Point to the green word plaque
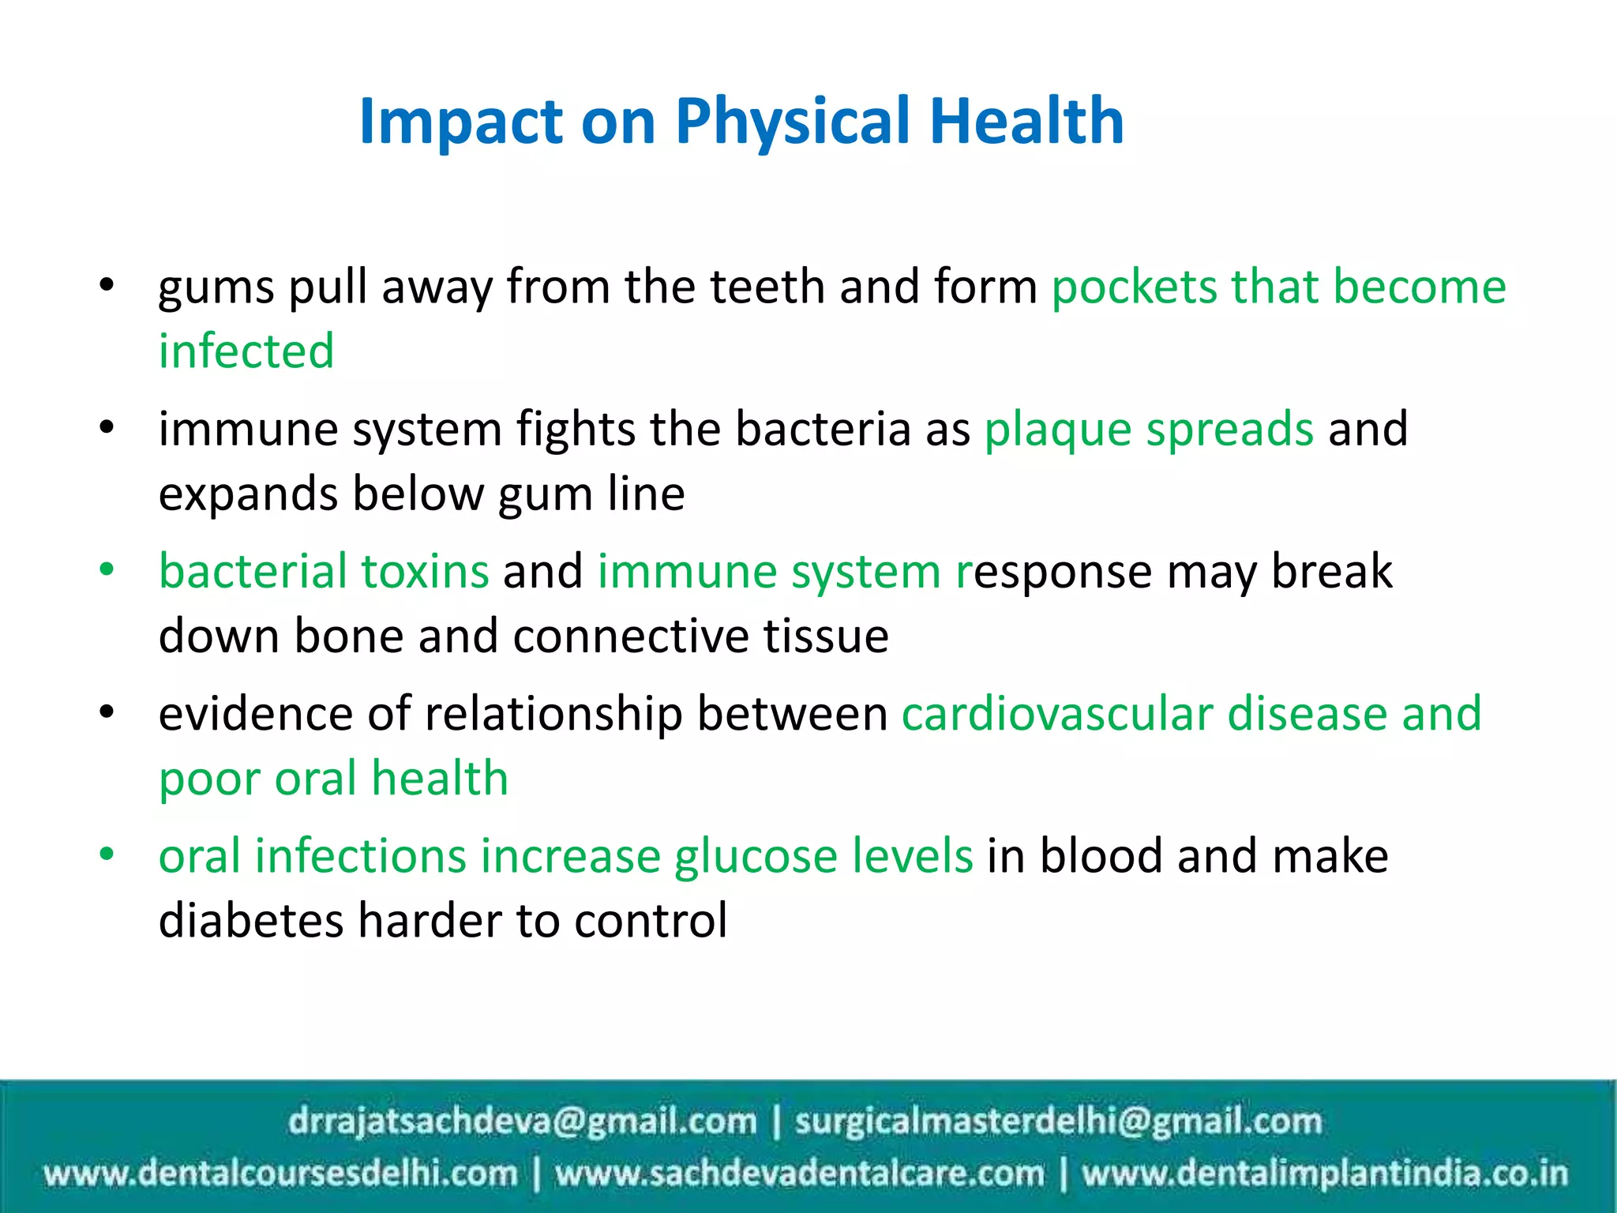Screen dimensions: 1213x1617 point(1057,430)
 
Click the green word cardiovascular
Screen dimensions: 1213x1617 point(1057,714)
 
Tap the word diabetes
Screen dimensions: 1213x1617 point(250,921)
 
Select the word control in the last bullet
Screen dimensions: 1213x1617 point(651,921)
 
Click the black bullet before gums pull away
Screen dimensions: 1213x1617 point(107,285)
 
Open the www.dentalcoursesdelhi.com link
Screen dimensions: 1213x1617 point(281,1174)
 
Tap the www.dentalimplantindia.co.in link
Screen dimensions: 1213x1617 point(1324,1174)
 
